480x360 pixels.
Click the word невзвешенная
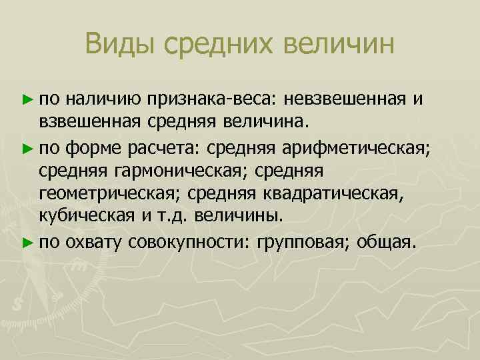click(x=345, y=100)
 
